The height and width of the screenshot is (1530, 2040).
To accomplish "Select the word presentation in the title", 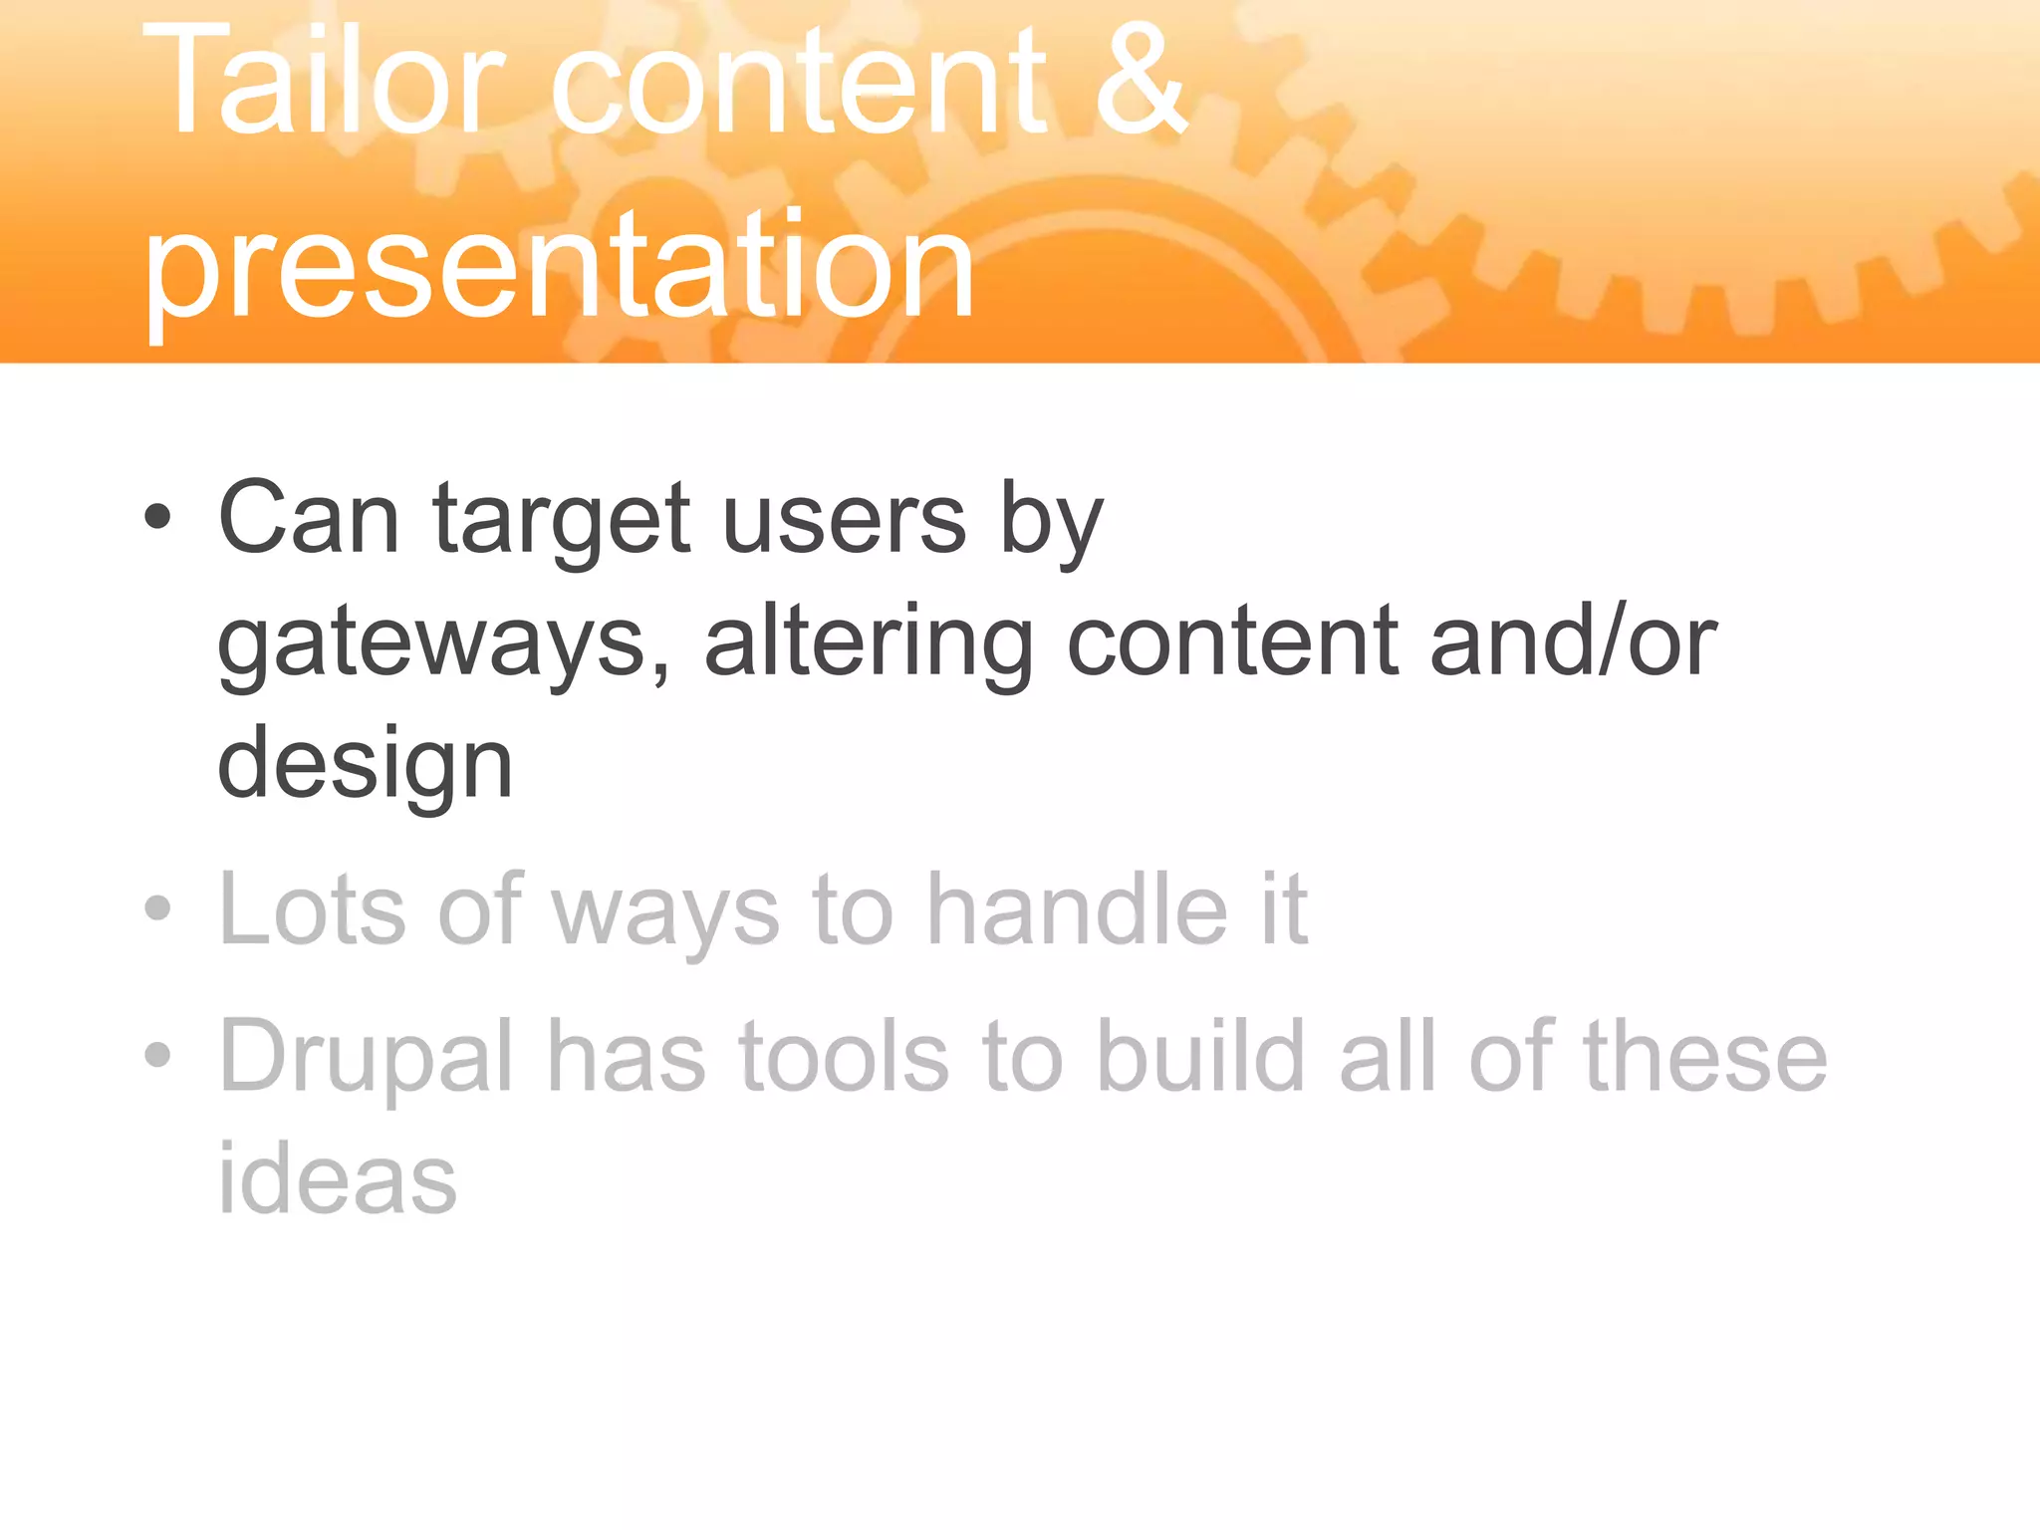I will (x=558, y=267).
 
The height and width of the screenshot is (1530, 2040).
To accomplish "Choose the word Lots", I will (x=313, y=908).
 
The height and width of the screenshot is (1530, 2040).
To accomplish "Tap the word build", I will (x=1200, y=1056).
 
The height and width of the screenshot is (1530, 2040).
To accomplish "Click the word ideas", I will (x=337, y=1178).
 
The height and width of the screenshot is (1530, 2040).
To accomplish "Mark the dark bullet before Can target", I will (x=157, y=517).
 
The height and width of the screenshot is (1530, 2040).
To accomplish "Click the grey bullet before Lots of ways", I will (x=157, y=907).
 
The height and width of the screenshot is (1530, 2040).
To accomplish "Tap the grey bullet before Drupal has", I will (x=157, y=1055).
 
